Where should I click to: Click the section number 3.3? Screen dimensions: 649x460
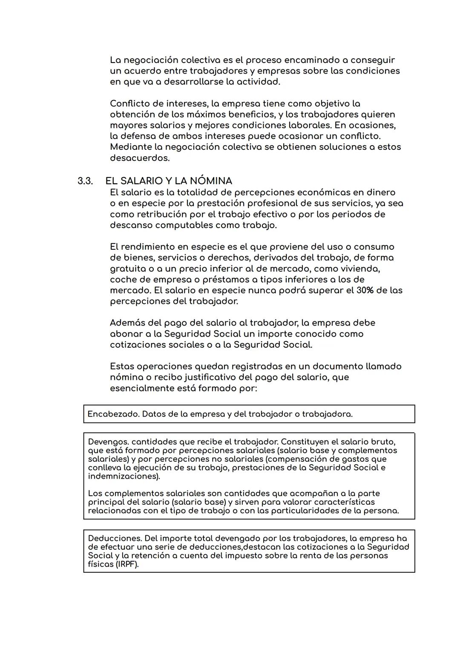(x=85, y=181)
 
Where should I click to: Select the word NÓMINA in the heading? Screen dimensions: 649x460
(x=209, y=181)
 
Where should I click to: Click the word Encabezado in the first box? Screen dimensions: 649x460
(x=112, y=414)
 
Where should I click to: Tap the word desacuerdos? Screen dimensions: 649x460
(x=139, y=158)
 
